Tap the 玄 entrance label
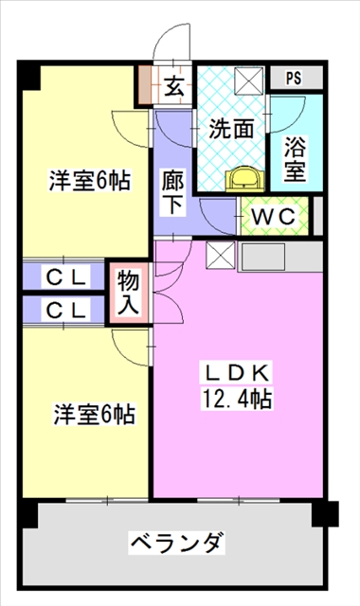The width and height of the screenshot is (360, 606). [174, 86]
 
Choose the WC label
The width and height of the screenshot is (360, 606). [275, 216]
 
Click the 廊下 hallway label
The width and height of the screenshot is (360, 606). [173, 188]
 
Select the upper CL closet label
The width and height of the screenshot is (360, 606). [67, 277]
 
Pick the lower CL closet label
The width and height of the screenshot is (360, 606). [67, 310]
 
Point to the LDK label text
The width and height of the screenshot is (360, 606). [240, 372]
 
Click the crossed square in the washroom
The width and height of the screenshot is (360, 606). [250, 80]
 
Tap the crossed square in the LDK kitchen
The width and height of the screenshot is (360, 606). [219, 254]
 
